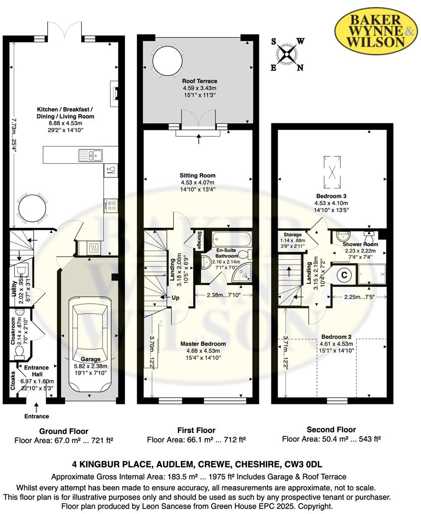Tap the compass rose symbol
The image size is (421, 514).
coord(287,55)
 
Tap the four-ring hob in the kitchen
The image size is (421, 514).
coord(111,205)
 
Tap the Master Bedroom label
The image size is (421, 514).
coord(203,344)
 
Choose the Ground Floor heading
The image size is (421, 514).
coord(64,431)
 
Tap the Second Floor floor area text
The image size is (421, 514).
coord(331,439)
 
